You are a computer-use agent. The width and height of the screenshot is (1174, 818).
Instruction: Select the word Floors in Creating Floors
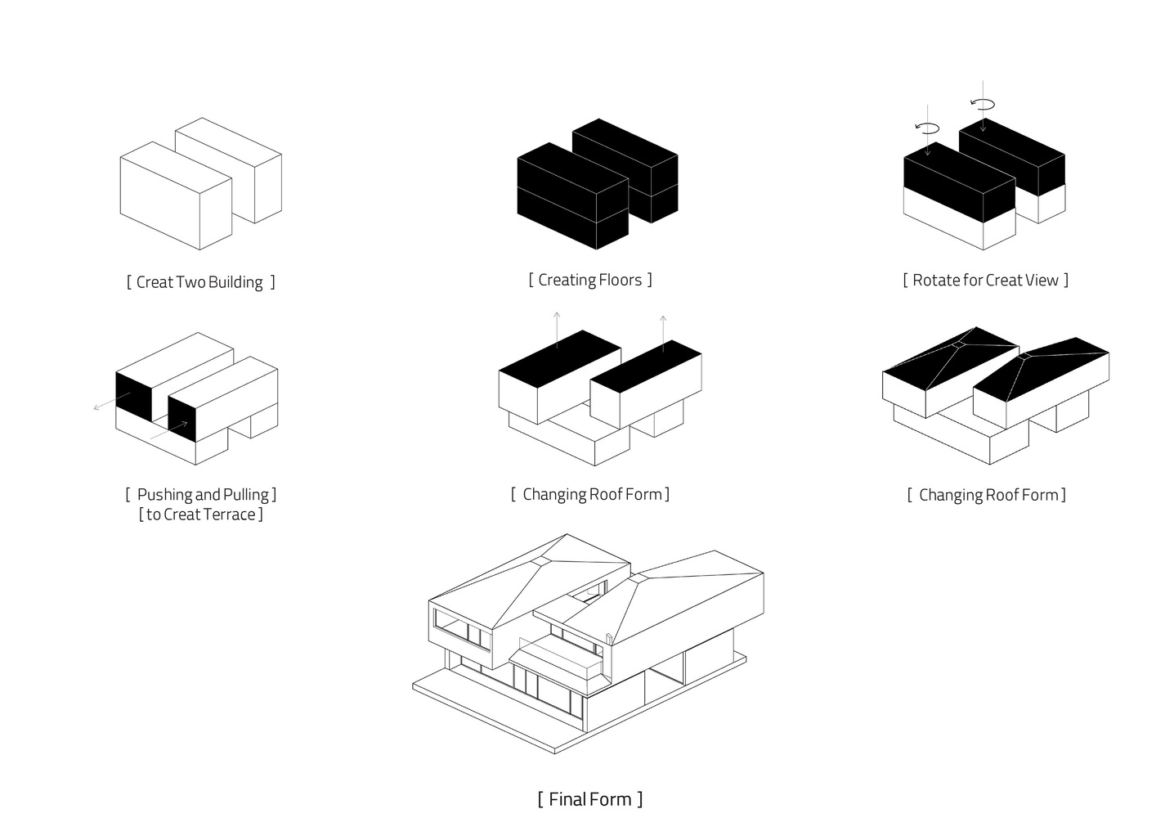point(619,280)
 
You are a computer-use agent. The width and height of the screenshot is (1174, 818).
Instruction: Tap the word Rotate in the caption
point(936,280)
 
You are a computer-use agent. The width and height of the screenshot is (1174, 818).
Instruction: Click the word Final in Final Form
point(567,799)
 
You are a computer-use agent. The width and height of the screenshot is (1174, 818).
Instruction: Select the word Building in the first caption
point(235,282)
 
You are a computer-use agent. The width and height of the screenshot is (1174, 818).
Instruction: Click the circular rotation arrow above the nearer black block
point(928,128)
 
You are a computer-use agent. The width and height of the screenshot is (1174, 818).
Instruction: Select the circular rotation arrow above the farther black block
point(983,104)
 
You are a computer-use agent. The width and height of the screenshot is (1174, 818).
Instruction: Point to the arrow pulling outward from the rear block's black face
point(110,402)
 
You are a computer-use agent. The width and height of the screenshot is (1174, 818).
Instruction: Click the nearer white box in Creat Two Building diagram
point(175,196)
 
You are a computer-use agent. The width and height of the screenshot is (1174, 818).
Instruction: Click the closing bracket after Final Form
point(640,799)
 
